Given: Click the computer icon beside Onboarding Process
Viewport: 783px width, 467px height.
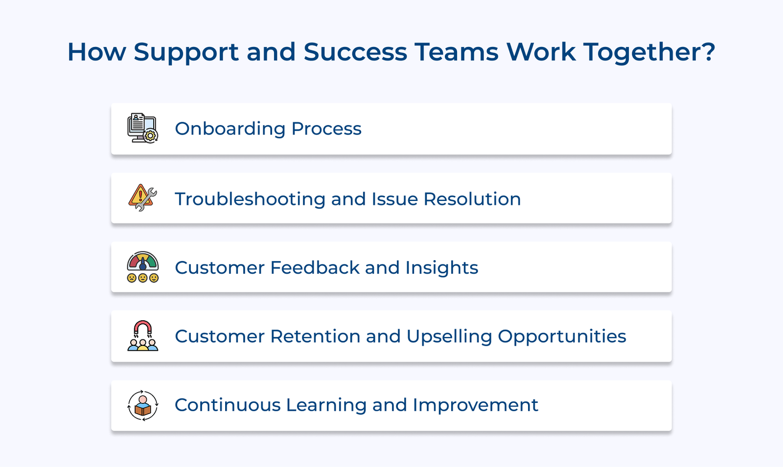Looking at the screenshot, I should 142,128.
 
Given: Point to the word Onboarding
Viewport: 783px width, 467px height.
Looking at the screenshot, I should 230,129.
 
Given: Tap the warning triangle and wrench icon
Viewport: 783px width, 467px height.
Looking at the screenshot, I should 142,198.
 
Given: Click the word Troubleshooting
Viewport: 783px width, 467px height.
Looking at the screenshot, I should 250,200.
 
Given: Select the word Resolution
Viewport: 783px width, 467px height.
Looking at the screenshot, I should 472,199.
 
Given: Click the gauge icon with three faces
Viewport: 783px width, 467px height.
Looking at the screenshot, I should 142,267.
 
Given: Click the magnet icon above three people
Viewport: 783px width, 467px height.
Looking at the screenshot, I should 142,336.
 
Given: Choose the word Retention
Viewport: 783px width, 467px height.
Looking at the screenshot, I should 316,336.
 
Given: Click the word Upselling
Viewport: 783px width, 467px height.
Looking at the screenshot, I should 449,337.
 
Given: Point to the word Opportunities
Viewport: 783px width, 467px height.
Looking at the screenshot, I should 562,337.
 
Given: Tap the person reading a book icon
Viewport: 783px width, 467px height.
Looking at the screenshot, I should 142,405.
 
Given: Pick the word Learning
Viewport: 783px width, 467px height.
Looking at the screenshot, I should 325,405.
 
